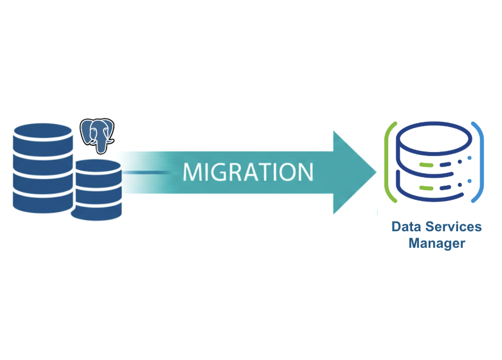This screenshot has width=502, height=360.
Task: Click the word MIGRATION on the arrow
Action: pos(248,171)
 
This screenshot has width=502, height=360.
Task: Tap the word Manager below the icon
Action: pos(437,243)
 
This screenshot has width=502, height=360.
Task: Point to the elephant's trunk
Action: pos(101,146)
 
